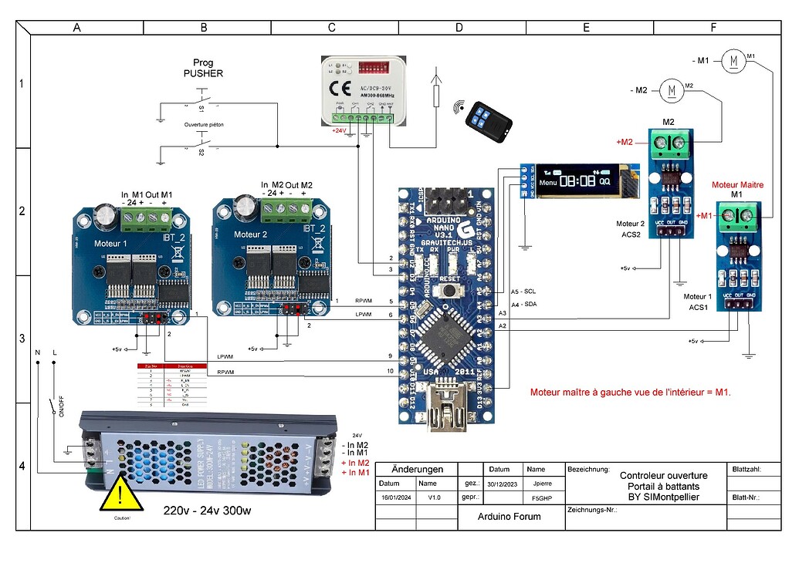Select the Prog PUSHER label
(203, 68)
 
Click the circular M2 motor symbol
(672, 90)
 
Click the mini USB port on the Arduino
(448, 393)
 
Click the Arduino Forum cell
(510, 516)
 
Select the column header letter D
(459, 28)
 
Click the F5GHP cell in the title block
(536, 498)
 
